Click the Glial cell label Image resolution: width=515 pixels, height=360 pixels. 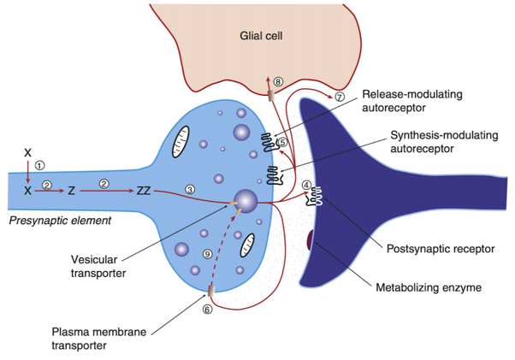click(x=261, y=35)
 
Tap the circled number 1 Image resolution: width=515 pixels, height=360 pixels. click(x=39, y=165)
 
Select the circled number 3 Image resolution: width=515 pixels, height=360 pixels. click(x=190, y=189)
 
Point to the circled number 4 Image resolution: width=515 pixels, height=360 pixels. click(x=306, y=185)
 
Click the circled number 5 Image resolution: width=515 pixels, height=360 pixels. click(x=282, y=142)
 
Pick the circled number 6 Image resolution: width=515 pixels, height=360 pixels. click(x=207, y=310)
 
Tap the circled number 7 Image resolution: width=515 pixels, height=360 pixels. click(x=340, y=97)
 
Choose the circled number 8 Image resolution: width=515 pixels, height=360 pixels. click(x=278, y=81)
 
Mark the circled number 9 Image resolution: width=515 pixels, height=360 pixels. click(x=207, y=254)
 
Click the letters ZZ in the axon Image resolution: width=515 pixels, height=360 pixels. click(x=144, y=191)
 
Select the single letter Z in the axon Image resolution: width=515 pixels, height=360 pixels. click(x=72, y=191)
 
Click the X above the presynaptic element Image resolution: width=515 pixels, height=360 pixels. click(x=28, y=152)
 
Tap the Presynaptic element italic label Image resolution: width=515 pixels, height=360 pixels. click(x=60, y=221)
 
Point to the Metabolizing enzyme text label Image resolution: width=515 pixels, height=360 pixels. click(x=429, y=288)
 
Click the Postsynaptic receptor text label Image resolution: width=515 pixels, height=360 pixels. click(x=441, y=249)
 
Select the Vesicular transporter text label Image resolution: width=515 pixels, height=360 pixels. click(x=98, y=266)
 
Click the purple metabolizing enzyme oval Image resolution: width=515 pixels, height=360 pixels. click(x=310, y=240)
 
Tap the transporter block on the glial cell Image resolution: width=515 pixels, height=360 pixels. click(x=270, y=96)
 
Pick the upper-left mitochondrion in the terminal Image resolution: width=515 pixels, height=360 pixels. click(x=181, y=142)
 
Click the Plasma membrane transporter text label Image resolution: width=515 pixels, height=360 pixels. click(x=99, y=339)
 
